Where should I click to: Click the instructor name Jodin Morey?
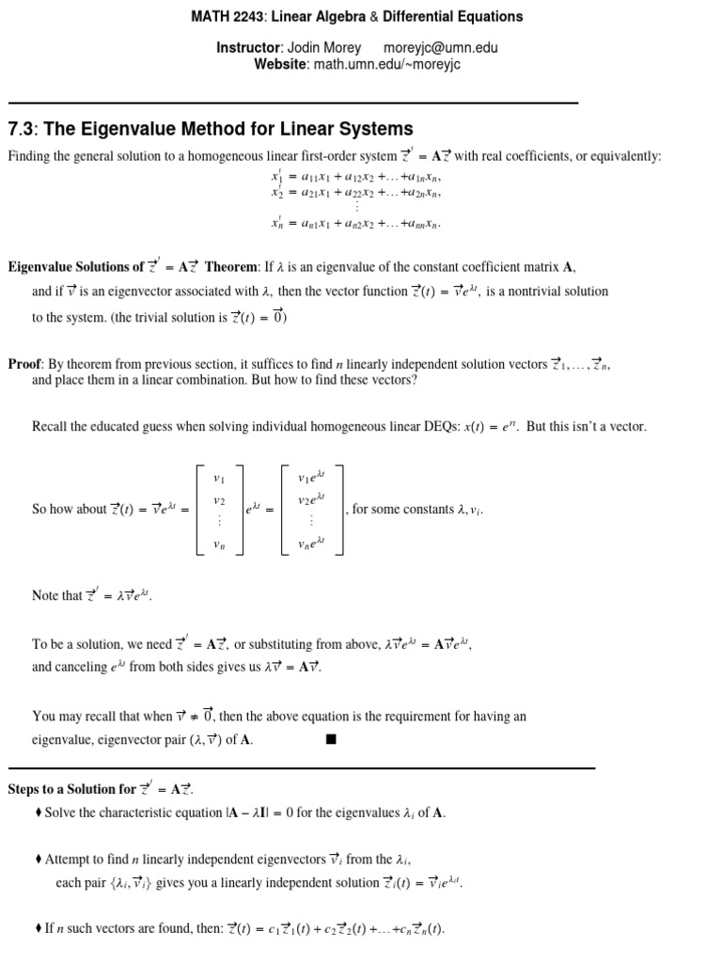[x=328, y=47]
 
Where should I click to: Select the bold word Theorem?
[x=230, y=267]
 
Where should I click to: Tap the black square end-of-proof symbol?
[x=331, y=739]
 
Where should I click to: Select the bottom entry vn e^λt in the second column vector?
[x=310, y=543]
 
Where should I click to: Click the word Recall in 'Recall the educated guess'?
[x=51, y=426]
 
